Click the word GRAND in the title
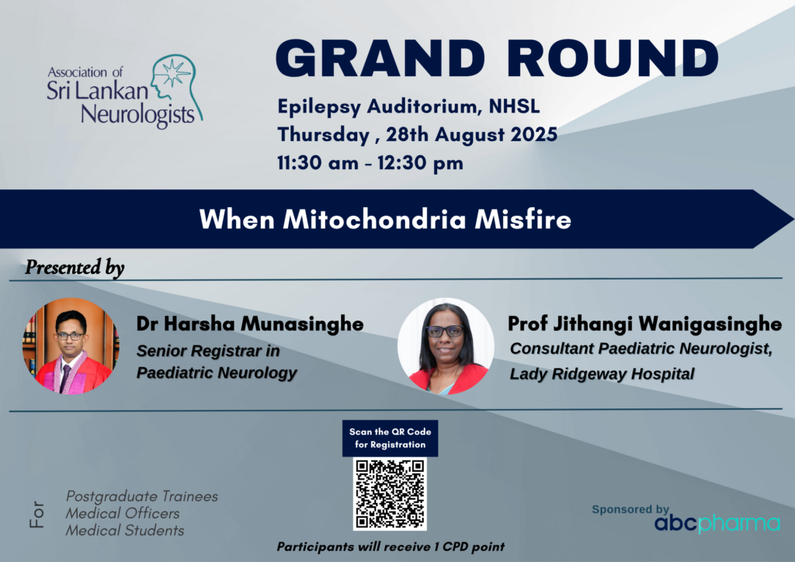[380, 58]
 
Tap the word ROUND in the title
[613, 58]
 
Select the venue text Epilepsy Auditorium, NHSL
[408, 106]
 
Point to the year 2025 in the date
[534, 134]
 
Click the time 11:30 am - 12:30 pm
[370, 163]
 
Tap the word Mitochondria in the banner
[375, 220]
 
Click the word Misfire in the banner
[522, 220]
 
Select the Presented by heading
[75, 268]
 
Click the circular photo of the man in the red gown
[71, 346]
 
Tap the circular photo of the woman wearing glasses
[446, 346]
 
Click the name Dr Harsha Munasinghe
[250, 324]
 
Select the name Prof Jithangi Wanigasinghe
[645, 324]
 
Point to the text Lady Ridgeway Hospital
[602, 374]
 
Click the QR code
[390, 494]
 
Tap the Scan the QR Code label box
[390, 439]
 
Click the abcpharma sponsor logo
[717, 523]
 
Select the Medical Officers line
[123, 513]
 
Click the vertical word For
[37, 515]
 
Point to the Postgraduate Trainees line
[142, 496]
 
